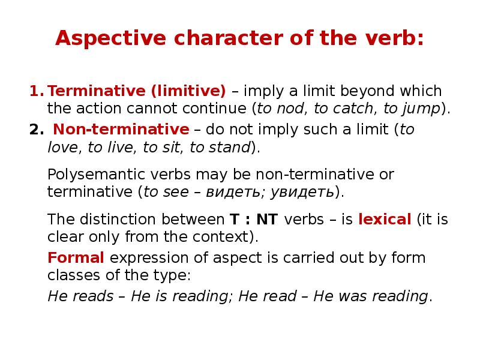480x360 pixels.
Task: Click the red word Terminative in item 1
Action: pyautogui.click(x=97, y=92)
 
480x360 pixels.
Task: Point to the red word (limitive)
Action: pyautogui.click(x=188, y=92)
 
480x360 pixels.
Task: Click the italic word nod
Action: pyautogui.click(x=289, y=109)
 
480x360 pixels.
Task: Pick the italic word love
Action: pyautogui.click(x=62, y=147)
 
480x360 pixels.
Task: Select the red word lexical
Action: pyautogui.click(x=384, y=219)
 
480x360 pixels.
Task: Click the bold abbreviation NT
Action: pyautogui.click(x=267, y=219)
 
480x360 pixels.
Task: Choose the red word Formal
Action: pyautogui.click(x=76, y=258)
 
